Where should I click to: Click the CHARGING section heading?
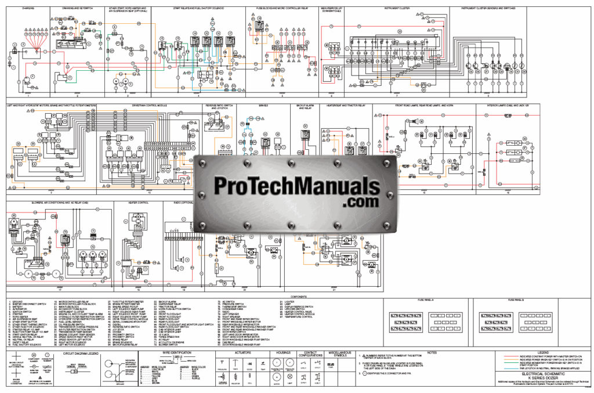27,9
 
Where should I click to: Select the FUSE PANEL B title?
515,300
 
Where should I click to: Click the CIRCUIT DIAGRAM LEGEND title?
79,352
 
